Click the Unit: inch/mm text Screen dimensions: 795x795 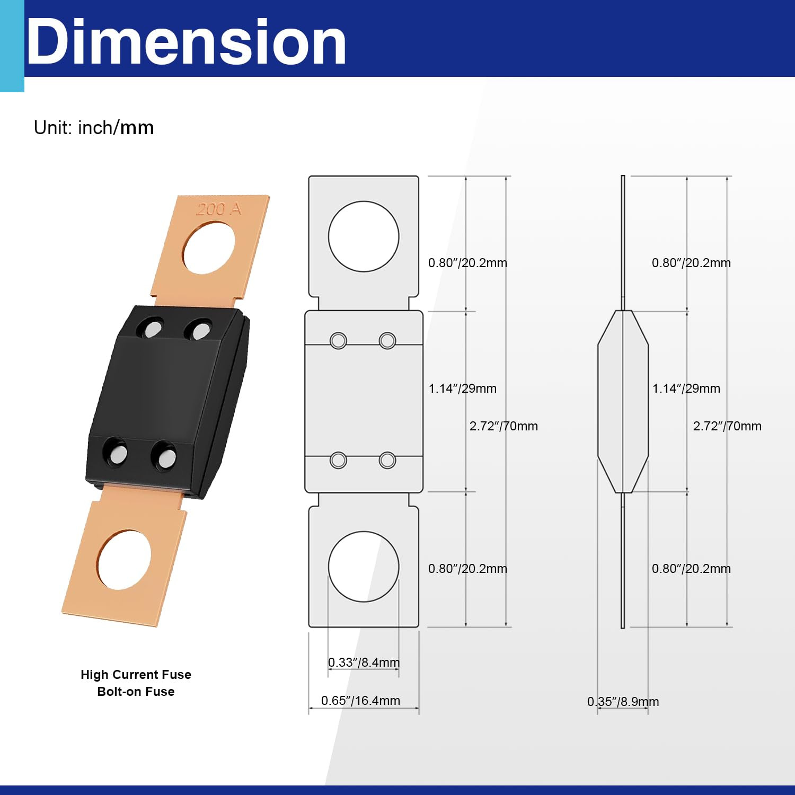click(94, 128)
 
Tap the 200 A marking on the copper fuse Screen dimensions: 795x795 click(219, 209)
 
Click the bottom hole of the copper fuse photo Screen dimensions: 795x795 click(124, 559)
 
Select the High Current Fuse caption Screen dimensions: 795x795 click(136, 675)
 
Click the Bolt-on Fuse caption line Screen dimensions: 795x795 click(136, 692)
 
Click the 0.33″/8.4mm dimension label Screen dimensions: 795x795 click(364, 662)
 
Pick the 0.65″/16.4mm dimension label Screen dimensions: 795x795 click(360, 701)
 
